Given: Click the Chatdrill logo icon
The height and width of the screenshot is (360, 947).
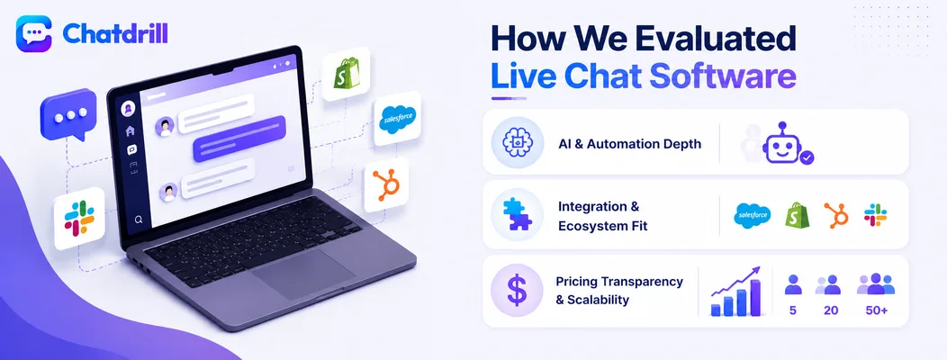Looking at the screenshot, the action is (x=34, y=34).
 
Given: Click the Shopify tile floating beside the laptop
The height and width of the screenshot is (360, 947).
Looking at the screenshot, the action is (x=346, y=74).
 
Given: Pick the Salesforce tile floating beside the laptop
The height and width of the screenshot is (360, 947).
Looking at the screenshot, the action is (x=397, y=119).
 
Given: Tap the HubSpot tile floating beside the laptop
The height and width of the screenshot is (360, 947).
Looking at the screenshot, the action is (x=386, y=184).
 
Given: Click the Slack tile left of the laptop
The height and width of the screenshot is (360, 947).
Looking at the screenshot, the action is (x=79, y=218).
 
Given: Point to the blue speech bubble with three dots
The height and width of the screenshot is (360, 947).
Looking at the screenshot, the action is (x=68, y=115).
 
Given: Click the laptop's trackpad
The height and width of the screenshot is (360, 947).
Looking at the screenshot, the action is (x=303, y=273).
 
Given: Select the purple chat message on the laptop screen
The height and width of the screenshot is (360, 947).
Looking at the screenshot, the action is (x=239, y=139).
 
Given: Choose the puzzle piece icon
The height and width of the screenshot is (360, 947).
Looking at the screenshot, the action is (x=517, y=214).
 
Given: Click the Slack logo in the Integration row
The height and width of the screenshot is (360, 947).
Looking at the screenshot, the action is (x=875, y=215).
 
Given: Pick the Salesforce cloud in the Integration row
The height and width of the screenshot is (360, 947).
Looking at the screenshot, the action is (x=753, y=216).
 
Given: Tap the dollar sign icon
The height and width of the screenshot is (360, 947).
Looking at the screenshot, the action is (x=517, y=291).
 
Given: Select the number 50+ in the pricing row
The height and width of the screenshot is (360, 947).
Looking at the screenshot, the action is (x=876, y=311).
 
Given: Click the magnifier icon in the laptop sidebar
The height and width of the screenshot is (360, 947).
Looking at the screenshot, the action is (x=139, y=220).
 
